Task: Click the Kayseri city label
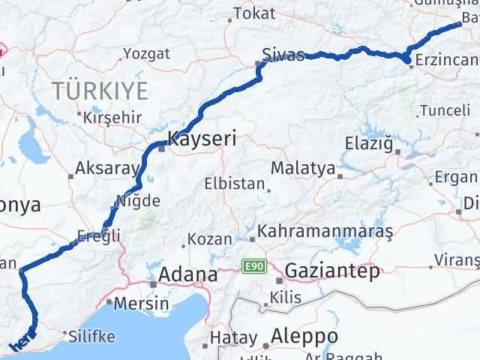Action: coord(202,139)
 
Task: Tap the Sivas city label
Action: coord(283,55)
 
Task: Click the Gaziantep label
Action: coord(332,271)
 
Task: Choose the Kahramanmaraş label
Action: coord(325,232)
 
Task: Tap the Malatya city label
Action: coord(302,168)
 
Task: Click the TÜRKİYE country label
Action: coord(100,91)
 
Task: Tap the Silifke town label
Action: coord(90,336)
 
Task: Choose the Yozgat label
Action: coord(146,54)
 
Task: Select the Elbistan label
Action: coord(235,184)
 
